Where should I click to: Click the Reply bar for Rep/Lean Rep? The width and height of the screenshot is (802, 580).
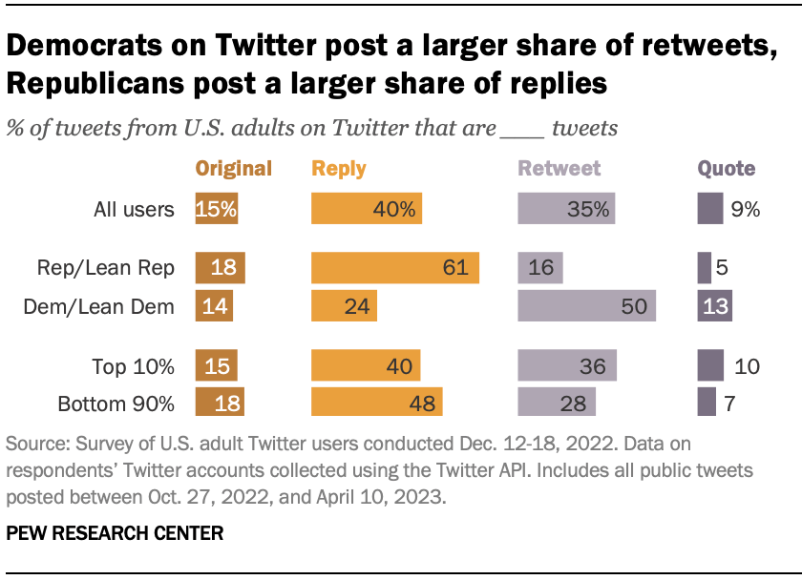point(394,268)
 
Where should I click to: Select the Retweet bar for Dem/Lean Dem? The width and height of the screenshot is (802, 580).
point(586,306)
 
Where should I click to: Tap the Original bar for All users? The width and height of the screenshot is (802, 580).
point(217,209)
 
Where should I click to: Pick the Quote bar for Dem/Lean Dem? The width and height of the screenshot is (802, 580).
point(714,306)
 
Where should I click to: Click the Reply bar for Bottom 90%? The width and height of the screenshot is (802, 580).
point(376,403)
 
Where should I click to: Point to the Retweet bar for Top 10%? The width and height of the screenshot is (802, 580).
point(567,365)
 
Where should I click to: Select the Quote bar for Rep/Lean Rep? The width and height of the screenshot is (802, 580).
point(705,268)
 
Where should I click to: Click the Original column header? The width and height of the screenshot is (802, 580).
point(234,169)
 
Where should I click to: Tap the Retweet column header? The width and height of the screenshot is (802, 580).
point(559,169)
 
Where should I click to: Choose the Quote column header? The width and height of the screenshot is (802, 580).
point(727,169)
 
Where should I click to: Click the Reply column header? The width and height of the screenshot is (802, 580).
point(339,169)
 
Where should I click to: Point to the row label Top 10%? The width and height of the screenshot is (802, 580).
point(133,366)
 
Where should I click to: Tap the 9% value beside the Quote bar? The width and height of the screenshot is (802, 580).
point(746,210)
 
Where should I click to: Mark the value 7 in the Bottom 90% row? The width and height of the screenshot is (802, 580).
point(729,404)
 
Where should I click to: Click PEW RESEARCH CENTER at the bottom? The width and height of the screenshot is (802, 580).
point(115,533)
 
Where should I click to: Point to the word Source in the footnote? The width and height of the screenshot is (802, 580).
point(35,445)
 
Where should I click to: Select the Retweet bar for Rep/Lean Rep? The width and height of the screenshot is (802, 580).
point(540,268)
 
